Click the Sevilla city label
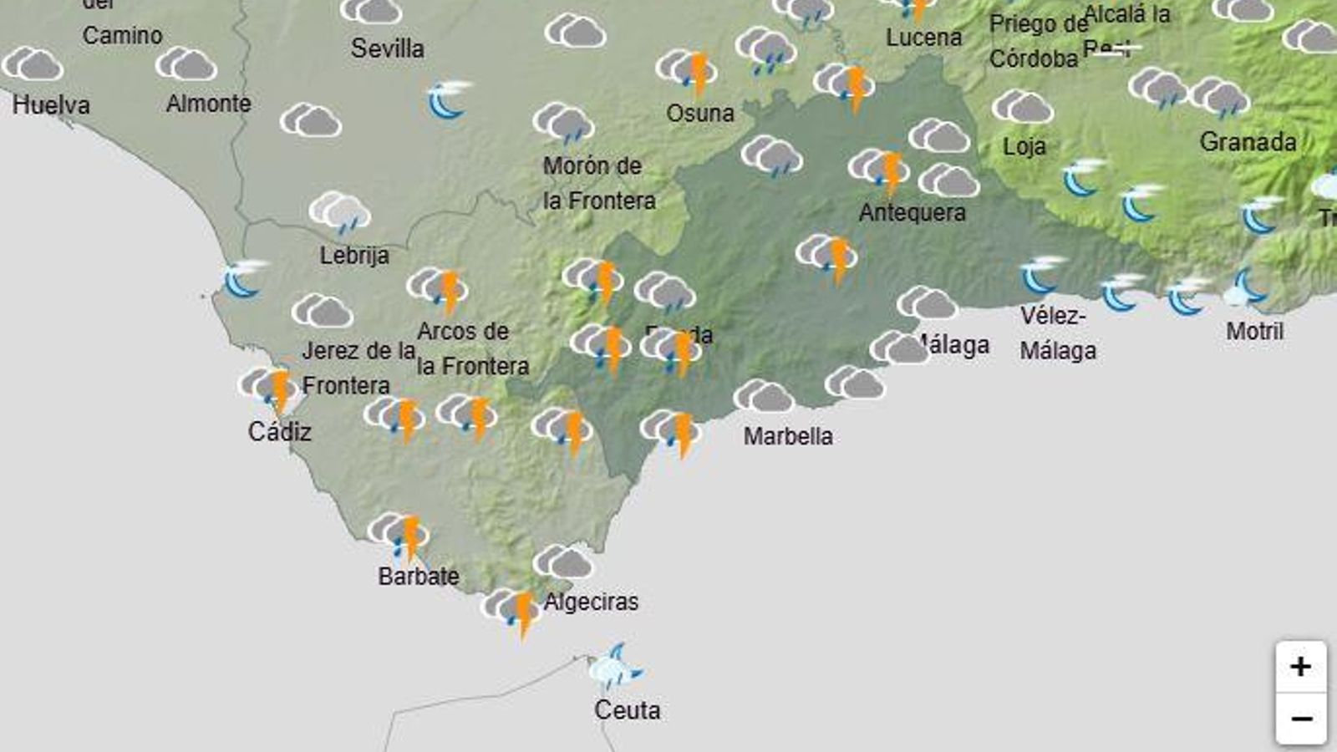click(387, 48)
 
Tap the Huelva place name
click(51, 105)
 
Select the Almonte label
click(208, 104)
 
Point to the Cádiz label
click(279, 432)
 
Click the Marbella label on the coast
click(788, 436)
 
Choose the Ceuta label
click(627, 710)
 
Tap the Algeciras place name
click(591, 602)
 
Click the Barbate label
click(419, 577)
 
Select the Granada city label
click(1248, 142)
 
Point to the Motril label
click(1254, 332)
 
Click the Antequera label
click(912, 213)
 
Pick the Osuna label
click(700, 113)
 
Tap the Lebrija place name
click(354, 255)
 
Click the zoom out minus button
click(1300, 719)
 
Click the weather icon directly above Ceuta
click(615, 668)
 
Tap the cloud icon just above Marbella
click(764, 397)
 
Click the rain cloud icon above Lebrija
click(339, 212)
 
